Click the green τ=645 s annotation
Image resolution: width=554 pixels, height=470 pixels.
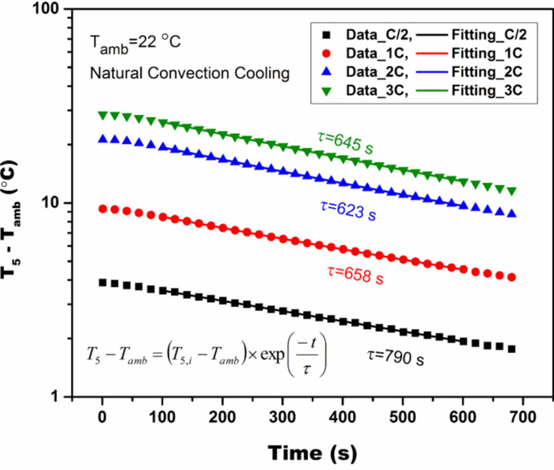click(345, 143)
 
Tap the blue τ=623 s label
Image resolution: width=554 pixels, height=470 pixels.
click(348, 210)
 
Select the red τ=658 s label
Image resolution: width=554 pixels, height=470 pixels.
click(355, 274)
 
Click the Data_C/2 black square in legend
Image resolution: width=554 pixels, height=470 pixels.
click(327, 35)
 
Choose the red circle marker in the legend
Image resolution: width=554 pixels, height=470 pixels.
click(327, 53)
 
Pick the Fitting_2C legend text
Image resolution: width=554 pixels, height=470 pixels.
click(487, 72)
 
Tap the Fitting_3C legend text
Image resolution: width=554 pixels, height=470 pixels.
click(487, 90)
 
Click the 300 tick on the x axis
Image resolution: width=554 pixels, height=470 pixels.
click(283, 417)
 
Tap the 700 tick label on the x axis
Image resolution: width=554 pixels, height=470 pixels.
click(523, 417)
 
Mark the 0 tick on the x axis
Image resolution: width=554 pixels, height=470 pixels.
click(103, 417)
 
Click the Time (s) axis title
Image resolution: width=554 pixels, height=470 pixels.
click(312, 453)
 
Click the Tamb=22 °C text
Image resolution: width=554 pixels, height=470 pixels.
click(135, 43)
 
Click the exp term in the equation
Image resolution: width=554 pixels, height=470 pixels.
click(272, 355)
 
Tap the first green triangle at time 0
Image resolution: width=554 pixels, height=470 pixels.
click(103, 116)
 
